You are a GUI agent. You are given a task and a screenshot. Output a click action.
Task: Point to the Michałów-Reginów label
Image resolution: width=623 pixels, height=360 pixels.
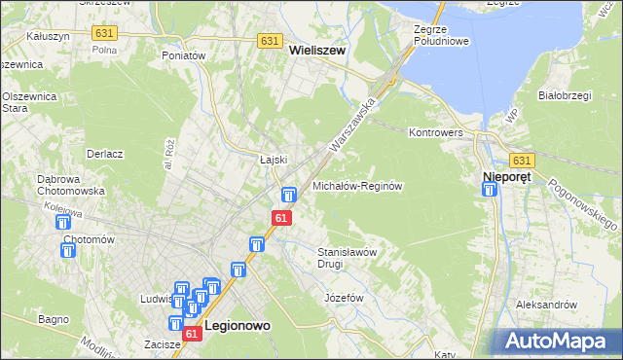click(357, 185)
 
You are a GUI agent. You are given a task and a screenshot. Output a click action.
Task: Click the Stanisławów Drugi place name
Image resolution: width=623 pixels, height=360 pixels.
click(347, 257)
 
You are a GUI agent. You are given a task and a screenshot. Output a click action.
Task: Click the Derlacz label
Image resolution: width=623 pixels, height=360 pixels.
click(104, 154)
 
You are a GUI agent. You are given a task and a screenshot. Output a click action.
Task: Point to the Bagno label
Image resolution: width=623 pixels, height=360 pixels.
click(53, 318)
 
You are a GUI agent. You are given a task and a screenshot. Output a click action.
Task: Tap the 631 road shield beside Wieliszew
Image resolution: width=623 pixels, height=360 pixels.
click(271, 42)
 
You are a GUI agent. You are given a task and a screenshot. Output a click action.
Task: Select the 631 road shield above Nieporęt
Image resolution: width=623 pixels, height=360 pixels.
click(522, 161)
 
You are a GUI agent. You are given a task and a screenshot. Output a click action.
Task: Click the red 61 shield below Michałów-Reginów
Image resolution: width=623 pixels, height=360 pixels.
click(281, 219)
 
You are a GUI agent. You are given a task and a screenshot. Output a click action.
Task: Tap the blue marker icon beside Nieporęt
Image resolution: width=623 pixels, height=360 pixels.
click(490, 190)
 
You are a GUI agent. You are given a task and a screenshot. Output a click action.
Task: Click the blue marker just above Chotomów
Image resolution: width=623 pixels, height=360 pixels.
click(61, 223)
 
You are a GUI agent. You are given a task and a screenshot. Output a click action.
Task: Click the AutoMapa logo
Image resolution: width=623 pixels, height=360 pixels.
click(558, 341)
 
